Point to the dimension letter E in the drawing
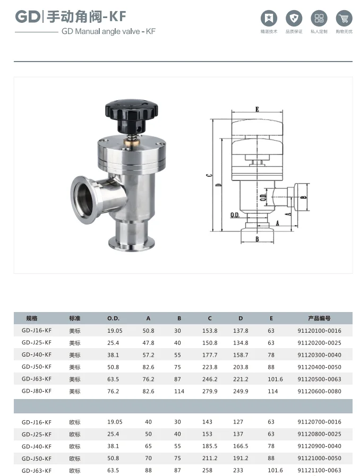257,109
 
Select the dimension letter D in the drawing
219,185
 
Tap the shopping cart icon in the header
344,20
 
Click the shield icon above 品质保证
294,20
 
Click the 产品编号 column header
319,318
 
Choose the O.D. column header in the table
114,318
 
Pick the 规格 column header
32,318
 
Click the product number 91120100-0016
319,331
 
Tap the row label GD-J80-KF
37,391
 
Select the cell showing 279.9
210,391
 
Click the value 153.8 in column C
210,331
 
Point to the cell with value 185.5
210,446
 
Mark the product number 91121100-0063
319,470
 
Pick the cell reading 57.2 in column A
148,355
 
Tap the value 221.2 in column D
241,379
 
